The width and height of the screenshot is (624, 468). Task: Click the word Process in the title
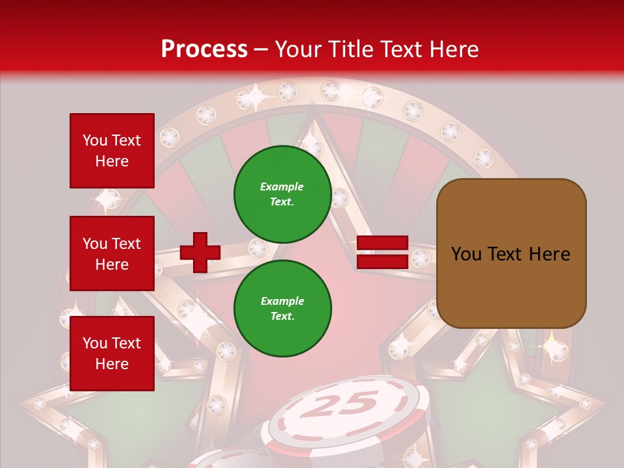click(204, 49)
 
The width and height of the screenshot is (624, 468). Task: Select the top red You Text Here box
click(112, 151)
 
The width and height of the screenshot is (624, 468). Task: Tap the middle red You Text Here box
click(112, 253)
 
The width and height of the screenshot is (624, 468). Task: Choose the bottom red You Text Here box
click(112, 354)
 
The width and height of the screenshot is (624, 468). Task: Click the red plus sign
click(200, 252)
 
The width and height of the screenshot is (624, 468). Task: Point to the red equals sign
click(382, 252)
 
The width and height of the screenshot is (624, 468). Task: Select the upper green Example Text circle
click(282, 194)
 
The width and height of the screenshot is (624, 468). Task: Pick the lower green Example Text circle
click(282, 309)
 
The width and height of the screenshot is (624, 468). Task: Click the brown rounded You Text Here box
click(511, 253)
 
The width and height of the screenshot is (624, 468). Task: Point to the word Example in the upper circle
click(282, 187)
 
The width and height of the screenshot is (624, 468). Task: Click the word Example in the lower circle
click(282, 301)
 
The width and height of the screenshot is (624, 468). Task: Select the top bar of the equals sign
click(382, 244)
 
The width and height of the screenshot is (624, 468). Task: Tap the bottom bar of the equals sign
click(382, 261)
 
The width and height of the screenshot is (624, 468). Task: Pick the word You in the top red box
click(94, 140)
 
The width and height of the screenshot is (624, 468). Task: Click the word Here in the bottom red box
click(112, 364)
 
